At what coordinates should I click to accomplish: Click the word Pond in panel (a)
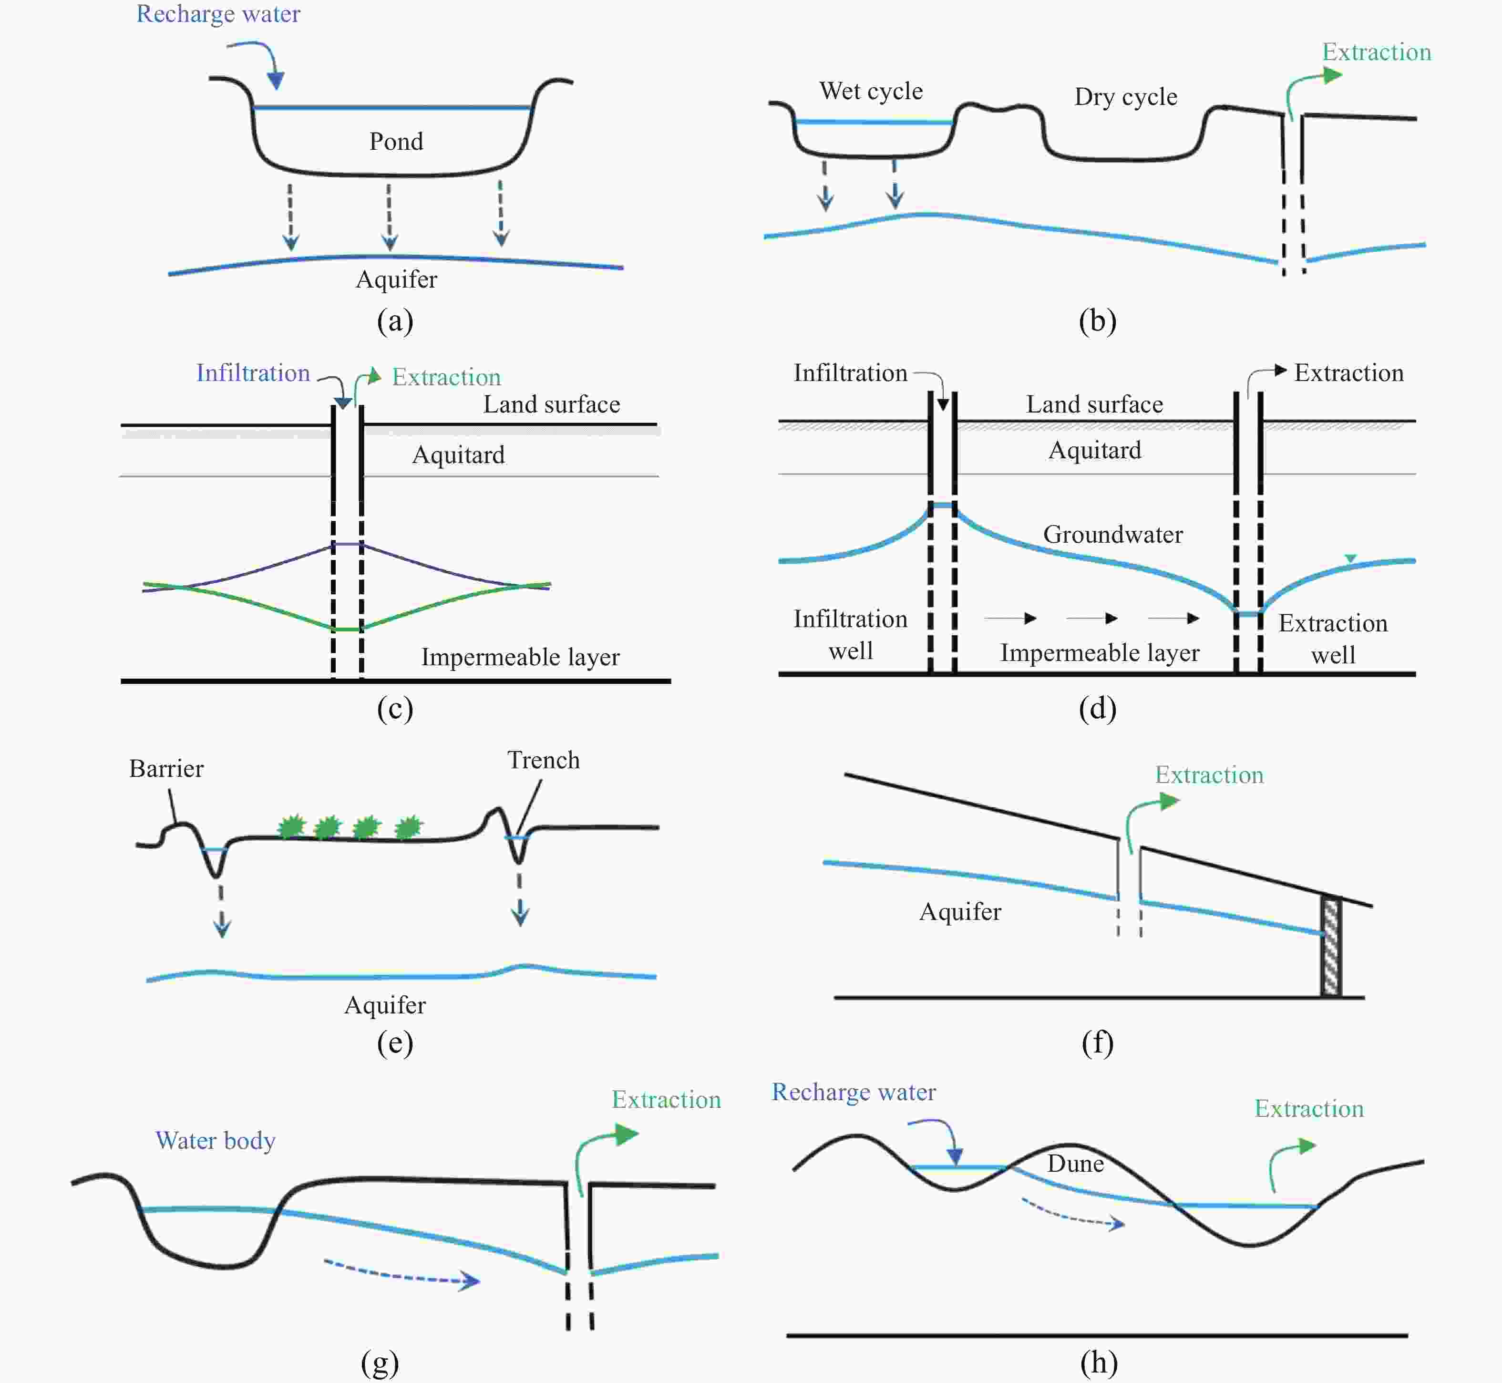396,142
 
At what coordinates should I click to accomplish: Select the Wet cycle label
871,91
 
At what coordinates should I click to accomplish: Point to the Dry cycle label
1126,96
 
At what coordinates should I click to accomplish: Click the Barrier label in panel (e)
166,769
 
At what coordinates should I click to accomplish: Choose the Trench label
543,760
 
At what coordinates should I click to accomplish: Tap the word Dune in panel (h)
1075,1163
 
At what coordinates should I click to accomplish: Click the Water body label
216,1141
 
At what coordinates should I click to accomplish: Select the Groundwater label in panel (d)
1113,534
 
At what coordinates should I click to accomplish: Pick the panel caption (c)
395,708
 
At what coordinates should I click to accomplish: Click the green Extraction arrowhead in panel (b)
1332,75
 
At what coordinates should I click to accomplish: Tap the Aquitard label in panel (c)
458,455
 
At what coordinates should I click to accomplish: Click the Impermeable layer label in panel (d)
1100,652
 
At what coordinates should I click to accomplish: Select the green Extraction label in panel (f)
1209,774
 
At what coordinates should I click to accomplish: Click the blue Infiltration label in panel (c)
253,372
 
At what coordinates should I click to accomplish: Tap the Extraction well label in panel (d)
1333,639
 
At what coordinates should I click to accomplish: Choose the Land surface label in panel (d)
1094,404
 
